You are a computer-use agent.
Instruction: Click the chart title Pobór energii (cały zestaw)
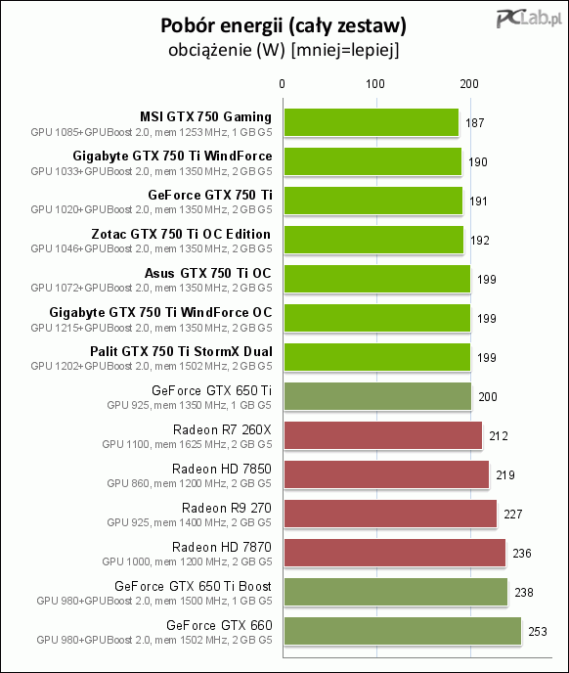pos(284,25)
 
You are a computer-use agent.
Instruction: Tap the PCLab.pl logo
pos(529,19)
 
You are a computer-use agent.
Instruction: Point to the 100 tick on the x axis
pos(375,84)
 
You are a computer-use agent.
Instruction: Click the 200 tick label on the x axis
pos(469,84)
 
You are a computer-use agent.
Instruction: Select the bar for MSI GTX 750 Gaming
pos(372,122)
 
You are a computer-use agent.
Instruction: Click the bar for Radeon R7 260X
pos(383,435)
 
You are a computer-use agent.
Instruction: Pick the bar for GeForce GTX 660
pos(403,631)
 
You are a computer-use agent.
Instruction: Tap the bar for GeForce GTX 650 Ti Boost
pos(396,592)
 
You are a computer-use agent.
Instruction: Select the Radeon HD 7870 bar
pos(395,553)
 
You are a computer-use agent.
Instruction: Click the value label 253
pos(538,631)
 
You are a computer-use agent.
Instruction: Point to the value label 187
pos(474,123)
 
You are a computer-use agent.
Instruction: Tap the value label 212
pos(499,436)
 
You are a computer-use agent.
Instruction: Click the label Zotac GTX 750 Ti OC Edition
pos(181,234)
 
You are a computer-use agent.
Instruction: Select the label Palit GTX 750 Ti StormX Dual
pos(181,351)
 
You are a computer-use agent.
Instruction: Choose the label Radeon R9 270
pos(227,508)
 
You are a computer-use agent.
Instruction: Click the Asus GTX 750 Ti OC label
pos(207,273)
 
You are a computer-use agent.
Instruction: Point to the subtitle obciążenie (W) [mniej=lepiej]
pos(284,50)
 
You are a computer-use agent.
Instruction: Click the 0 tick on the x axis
pos(282,84)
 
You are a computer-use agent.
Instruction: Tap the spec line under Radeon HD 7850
pos(190,483)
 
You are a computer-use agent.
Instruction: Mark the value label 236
pos(522,554)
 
